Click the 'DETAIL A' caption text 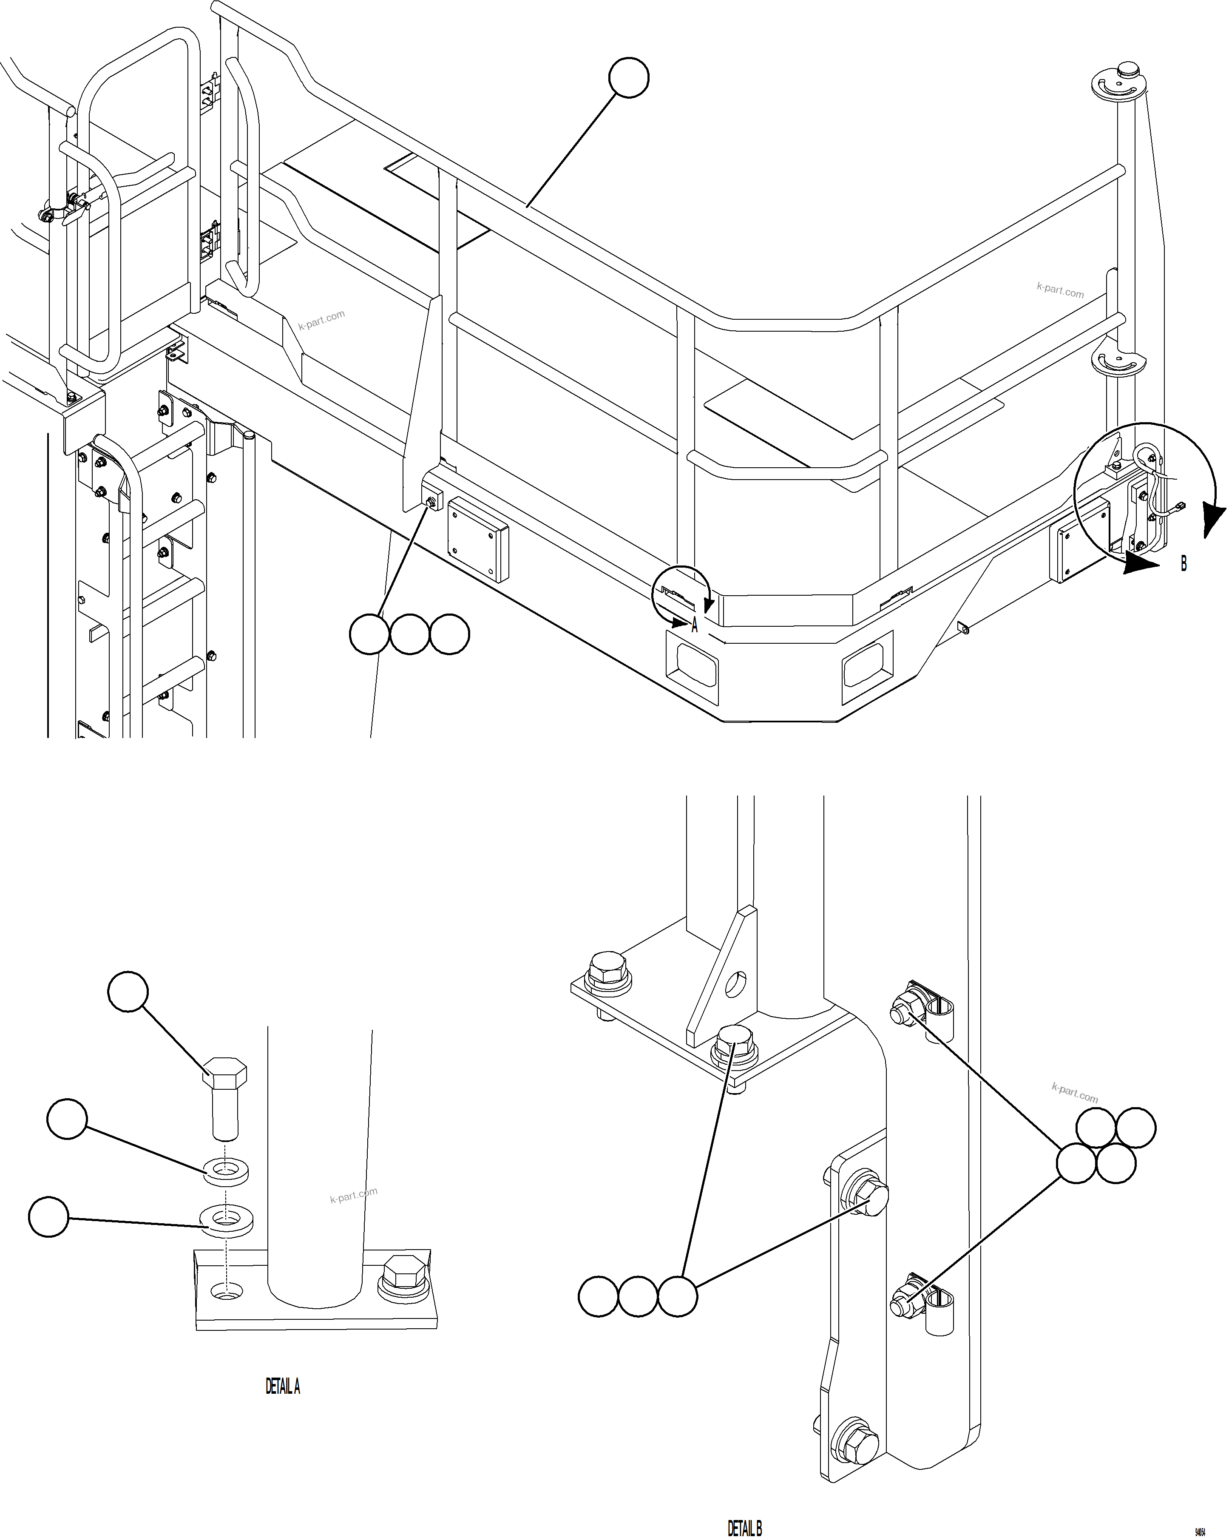click(283, 1387)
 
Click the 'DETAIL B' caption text click(745, 1528)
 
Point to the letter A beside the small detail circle click(694, 626)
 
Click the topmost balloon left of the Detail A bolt click(128, 992)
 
